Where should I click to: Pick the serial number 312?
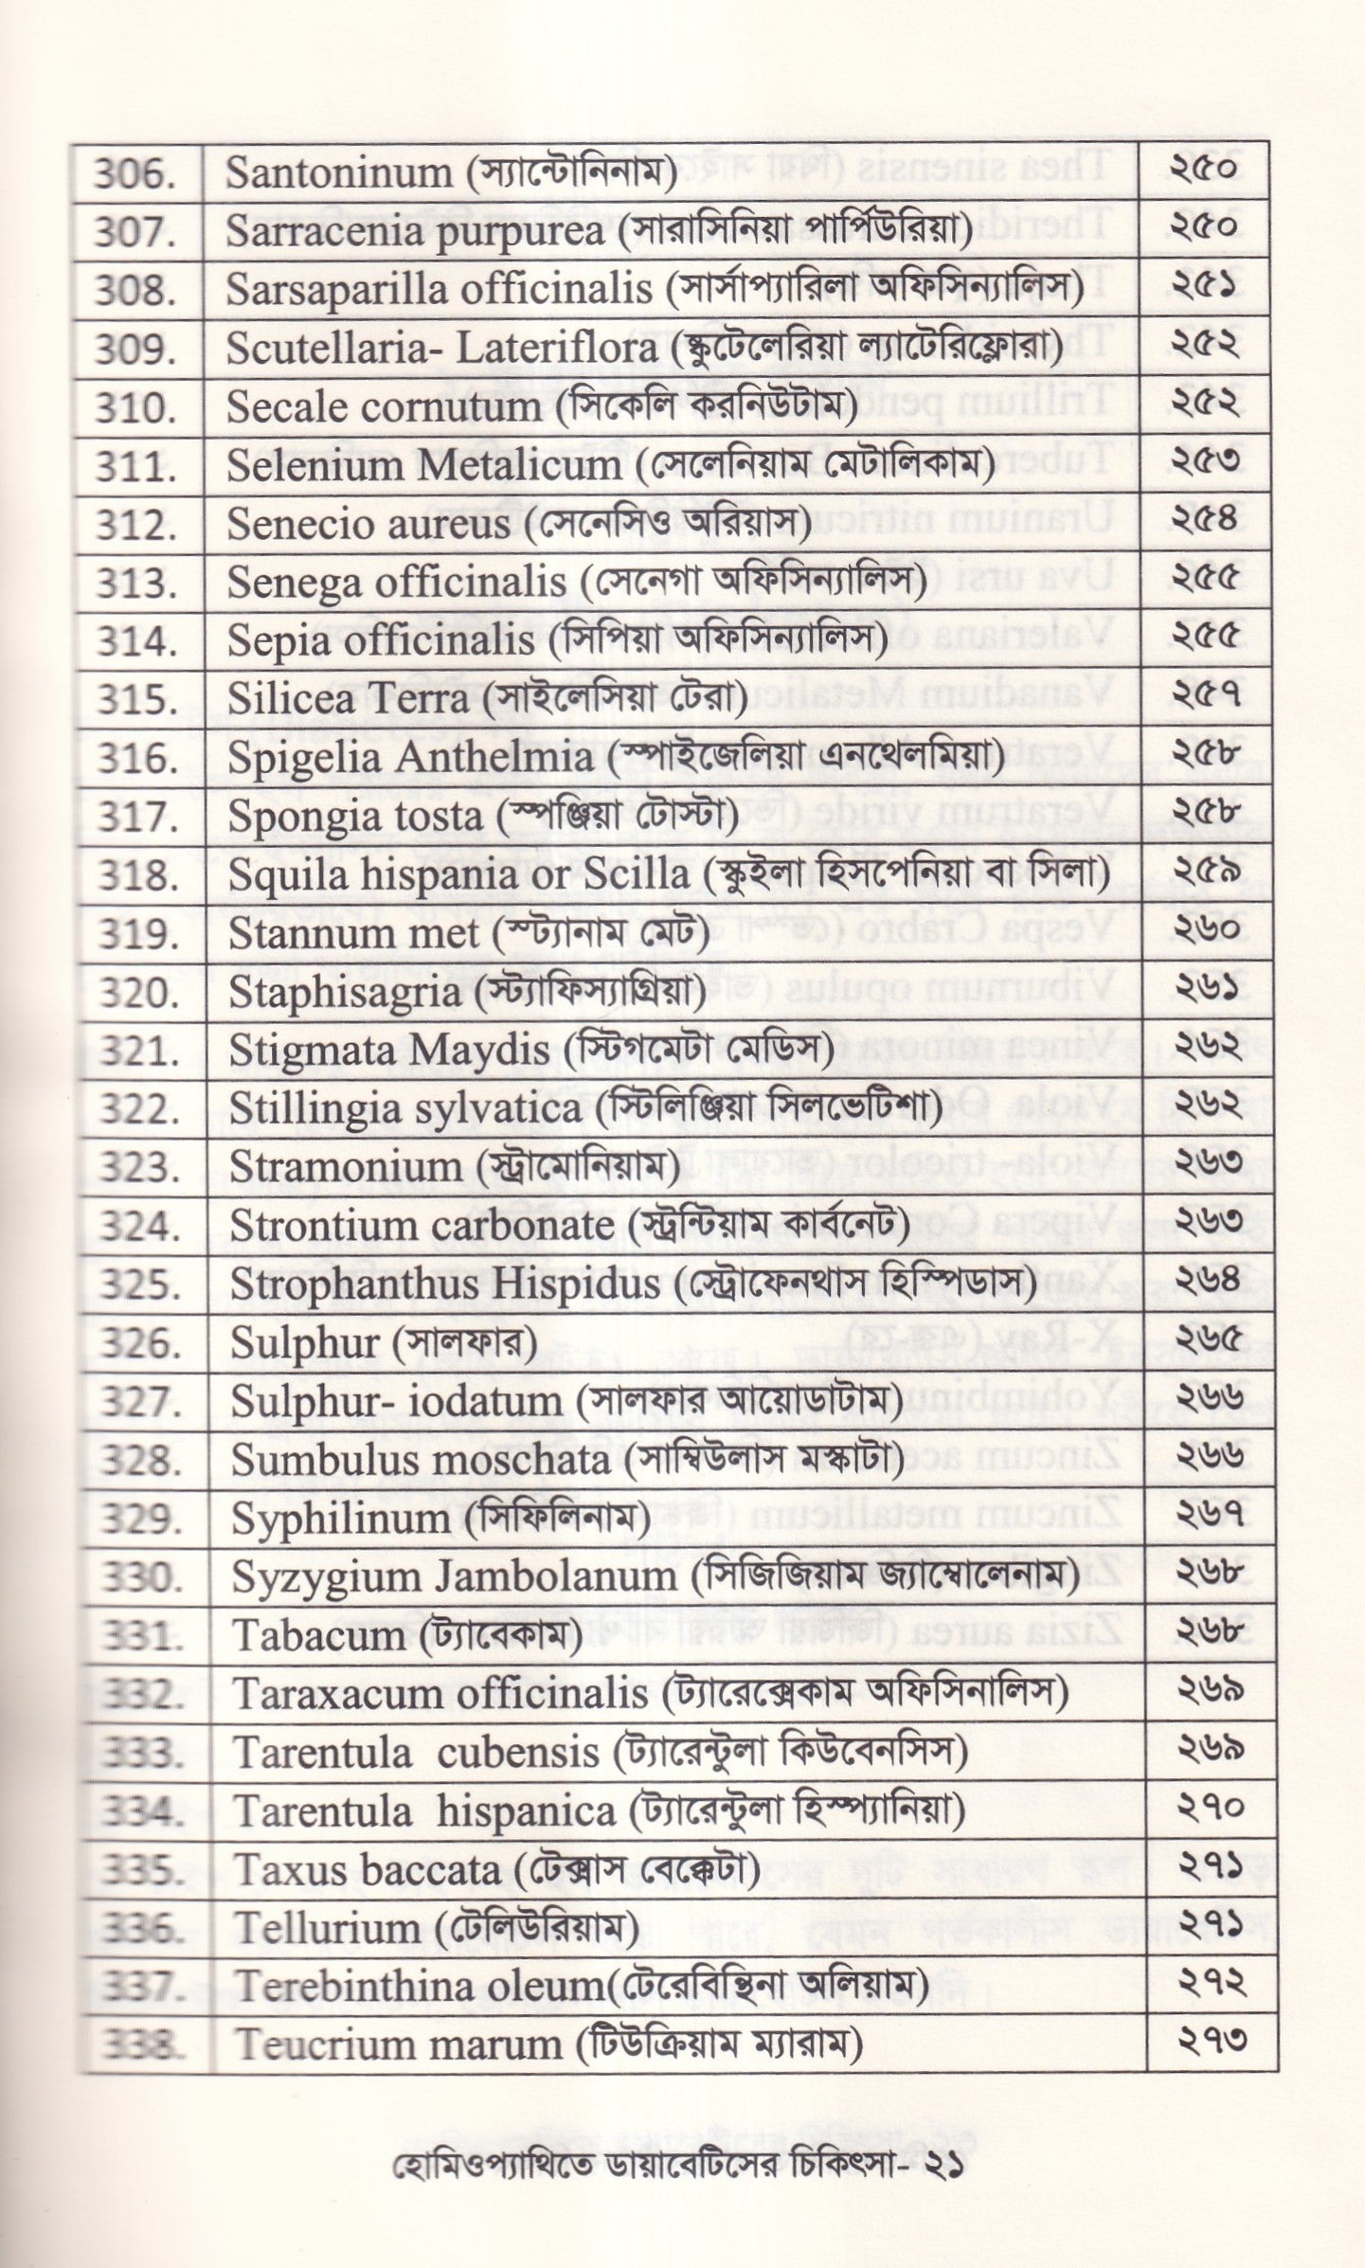point(135,525)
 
